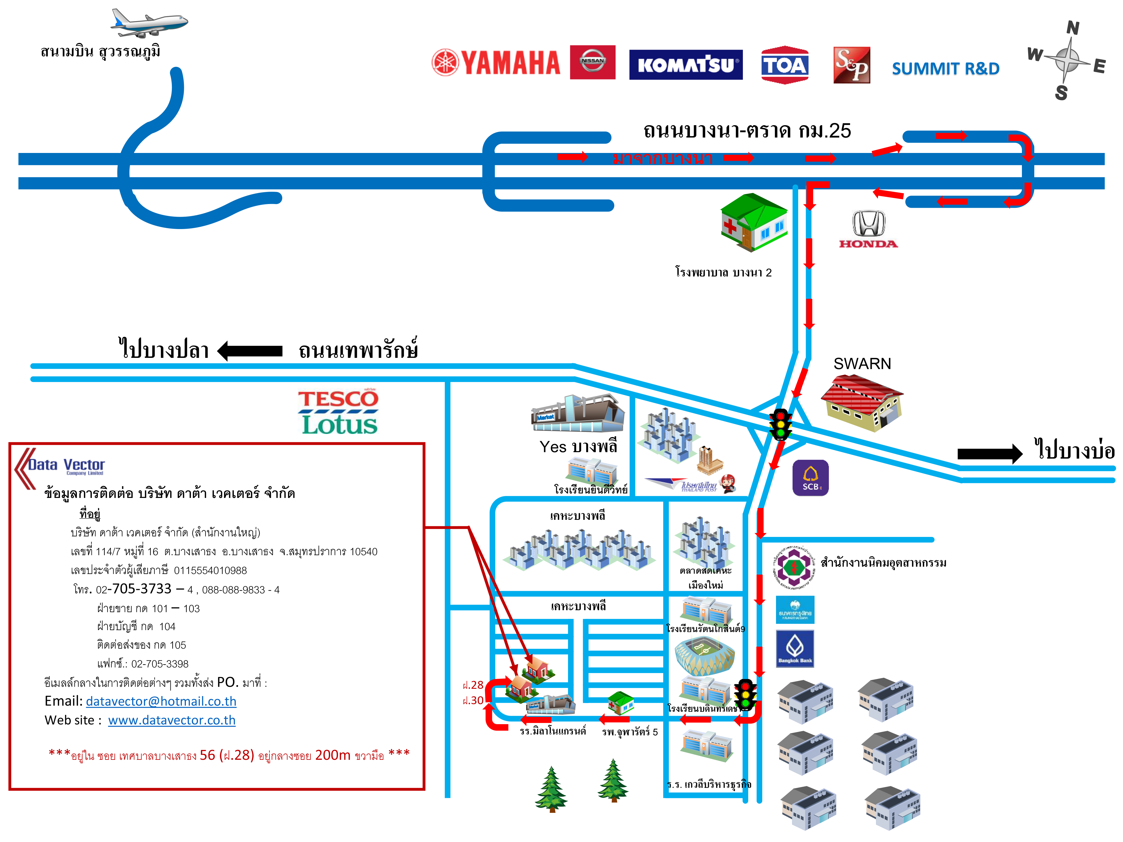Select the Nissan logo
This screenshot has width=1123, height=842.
[x=592, y=62]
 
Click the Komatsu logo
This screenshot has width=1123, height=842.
[x=685, y=65]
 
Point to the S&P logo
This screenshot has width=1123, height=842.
[x=852, y=65]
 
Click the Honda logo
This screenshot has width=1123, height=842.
[x=868, y=229]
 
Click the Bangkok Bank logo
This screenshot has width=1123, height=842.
[x=795, y=648]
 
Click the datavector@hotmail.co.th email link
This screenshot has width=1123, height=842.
[x=161, y=701]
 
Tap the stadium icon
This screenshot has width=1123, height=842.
[x=704, y=655]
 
